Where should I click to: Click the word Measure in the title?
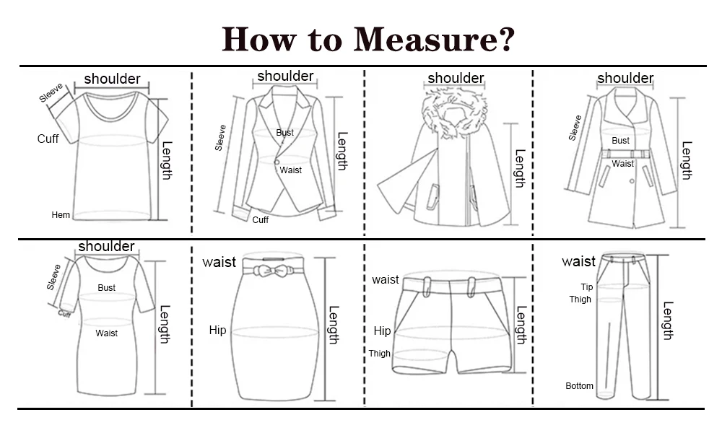433,39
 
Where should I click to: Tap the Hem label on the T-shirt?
61,215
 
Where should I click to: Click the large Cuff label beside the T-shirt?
48,139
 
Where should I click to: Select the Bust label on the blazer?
284,133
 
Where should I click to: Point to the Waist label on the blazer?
290,170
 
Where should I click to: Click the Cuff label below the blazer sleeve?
260,220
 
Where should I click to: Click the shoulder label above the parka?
456,78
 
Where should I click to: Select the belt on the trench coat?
625,154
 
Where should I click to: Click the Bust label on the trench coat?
620,141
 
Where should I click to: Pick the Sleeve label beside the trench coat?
575,128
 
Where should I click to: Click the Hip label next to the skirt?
217,331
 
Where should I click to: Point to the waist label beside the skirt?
219,262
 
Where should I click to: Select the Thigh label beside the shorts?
380,354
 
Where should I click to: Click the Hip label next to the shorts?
382,331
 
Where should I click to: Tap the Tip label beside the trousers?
586,287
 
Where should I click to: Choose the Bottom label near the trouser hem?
579,386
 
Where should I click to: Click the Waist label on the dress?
106,333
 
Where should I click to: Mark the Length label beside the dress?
165,325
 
